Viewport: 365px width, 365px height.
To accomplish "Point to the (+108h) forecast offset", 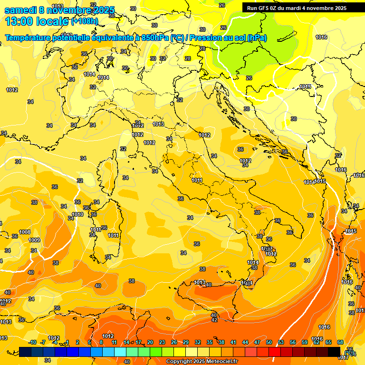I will (x=85, y=21).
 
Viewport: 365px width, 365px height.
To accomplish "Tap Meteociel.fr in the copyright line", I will (x=219, y=361).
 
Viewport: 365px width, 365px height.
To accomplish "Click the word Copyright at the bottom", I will (x=181, y=361).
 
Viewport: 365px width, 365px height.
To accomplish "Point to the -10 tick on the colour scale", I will (x=32, y=342).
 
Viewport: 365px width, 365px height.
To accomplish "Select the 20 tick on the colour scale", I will (x=150, y=342).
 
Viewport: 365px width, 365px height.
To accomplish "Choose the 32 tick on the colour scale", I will (x=198, y=342).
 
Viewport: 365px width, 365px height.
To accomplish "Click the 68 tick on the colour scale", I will (x=340, y=342).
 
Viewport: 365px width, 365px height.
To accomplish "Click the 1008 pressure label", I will (x=25, y=232).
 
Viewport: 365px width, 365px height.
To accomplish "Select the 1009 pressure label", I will (x=34, y=240).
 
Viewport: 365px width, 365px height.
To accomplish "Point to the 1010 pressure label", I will (x=77, y=215).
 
